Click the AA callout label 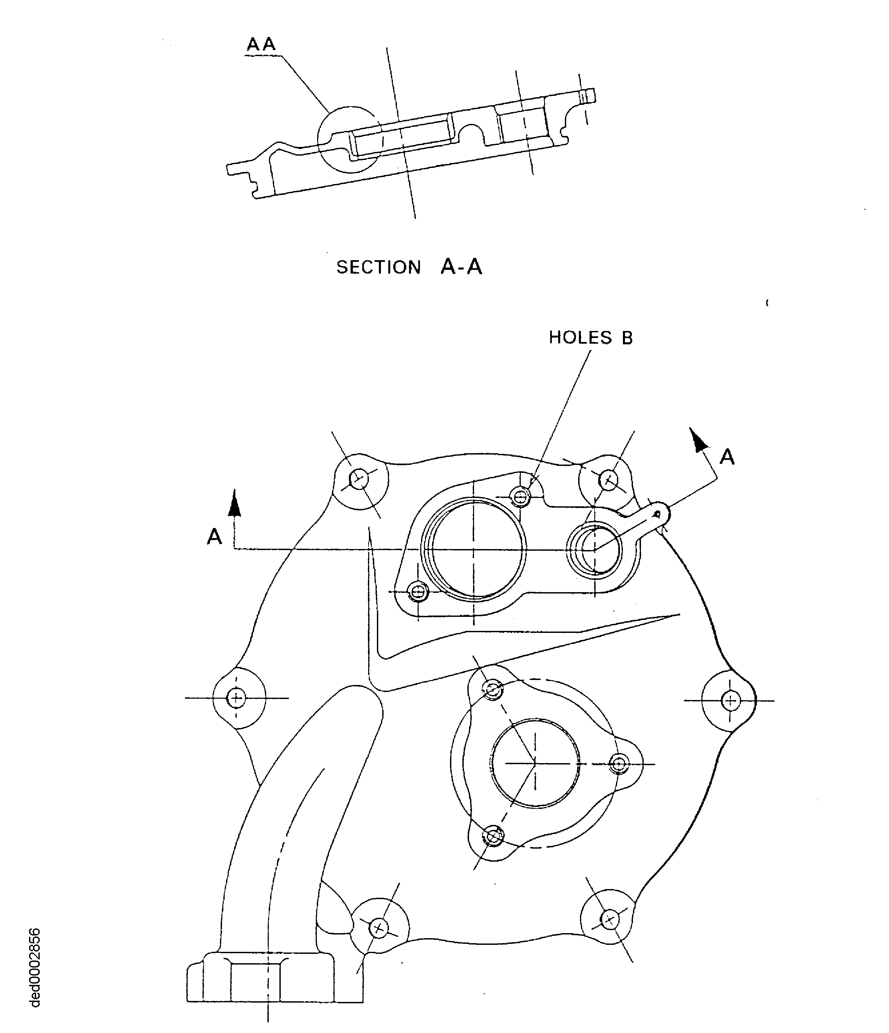[261, 44]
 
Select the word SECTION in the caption [378, 267]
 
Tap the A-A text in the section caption [461, 267]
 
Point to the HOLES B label [591, 338]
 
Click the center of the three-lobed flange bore [535, 763]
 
